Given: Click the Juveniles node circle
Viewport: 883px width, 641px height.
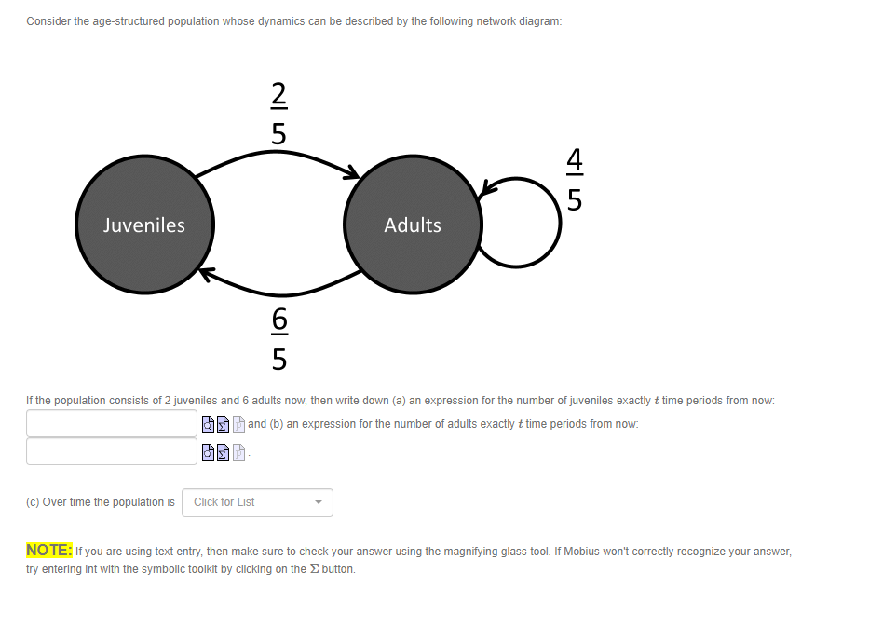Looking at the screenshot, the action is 144,225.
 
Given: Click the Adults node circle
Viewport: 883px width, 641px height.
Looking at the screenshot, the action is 413,225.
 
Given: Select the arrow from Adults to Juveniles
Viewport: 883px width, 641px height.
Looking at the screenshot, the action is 279,288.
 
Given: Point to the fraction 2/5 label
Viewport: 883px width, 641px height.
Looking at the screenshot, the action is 279,112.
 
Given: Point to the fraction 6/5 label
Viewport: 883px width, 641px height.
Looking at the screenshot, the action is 279,338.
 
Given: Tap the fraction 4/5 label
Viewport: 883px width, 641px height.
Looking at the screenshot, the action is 575,180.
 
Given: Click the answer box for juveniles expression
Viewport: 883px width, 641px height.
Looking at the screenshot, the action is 112,423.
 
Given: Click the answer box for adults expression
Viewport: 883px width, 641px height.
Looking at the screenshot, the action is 112,451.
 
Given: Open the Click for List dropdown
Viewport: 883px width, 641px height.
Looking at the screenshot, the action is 257,502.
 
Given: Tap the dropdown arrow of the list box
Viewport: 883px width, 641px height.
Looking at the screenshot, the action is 319,502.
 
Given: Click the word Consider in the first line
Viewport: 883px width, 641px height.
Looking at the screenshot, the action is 49,21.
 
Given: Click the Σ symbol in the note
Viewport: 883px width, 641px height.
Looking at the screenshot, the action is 313,568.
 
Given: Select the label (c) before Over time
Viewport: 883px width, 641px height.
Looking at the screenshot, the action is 33,502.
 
